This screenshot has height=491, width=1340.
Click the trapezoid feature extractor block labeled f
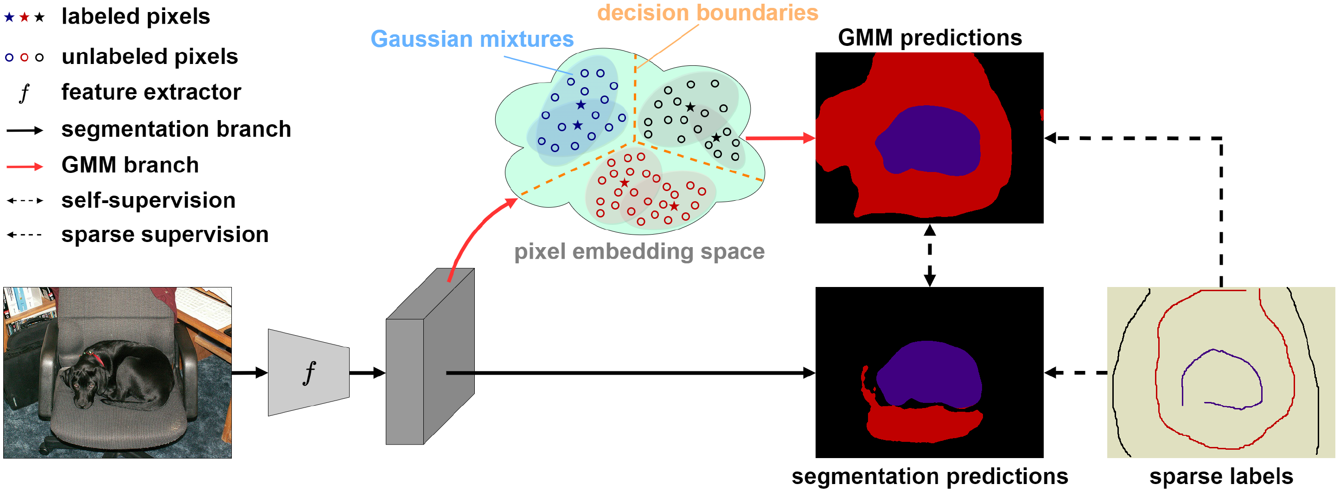[x=308, y=372]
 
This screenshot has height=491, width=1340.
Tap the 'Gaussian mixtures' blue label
[x=472, y=39]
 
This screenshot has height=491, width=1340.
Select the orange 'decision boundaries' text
[x=708, y=13]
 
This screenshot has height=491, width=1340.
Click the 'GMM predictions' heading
[x=930, y=38]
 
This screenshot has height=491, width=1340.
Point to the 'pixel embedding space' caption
[x=639, y=252]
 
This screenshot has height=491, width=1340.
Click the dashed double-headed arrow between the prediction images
[x=930, y=255]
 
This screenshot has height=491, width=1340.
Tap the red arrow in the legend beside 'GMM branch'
[x=25, y=166]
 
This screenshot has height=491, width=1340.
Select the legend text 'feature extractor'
[x=151, y=92]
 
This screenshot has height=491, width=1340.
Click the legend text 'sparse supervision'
[x=165, y=235]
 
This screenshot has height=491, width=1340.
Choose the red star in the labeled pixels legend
[x=24, y=17]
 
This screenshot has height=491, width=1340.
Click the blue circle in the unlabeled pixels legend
[x=9, y=57]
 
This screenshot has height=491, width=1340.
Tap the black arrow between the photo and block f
[x=249, y=372]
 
